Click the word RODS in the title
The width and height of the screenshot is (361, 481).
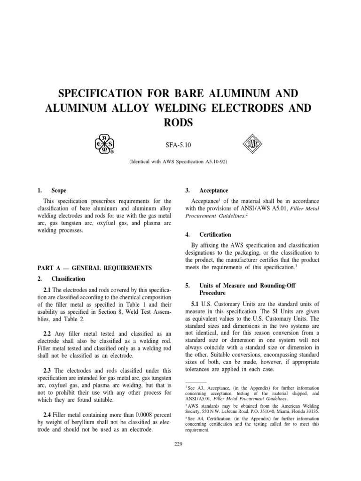click(x=180, y=122)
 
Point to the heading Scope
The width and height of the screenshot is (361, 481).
click(x=59, y=190)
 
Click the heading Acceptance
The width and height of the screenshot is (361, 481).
click(x=213, y=190)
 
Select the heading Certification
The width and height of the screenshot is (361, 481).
click(x=215, y=234)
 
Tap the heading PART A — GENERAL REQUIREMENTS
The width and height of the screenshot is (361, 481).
click(x=94, y=268)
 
